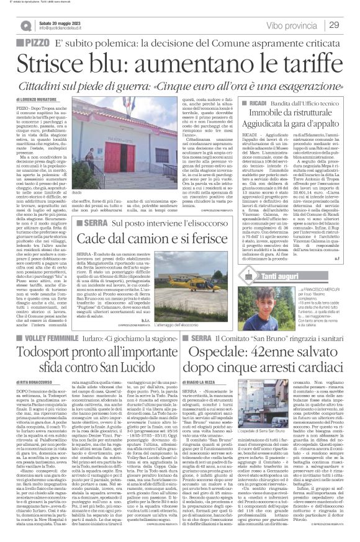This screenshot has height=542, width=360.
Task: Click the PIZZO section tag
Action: [x=31, y=42]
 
